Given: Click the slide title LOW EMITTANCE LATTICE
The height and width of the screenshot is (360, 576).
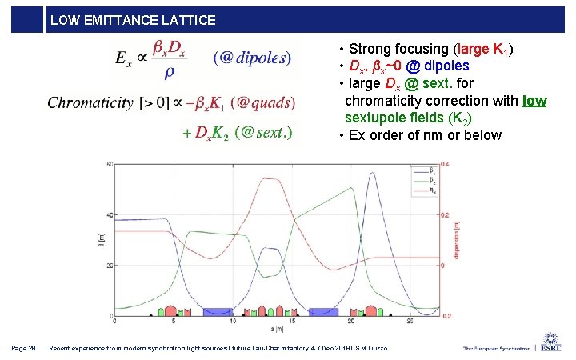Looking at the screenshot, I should (x=133, y=20).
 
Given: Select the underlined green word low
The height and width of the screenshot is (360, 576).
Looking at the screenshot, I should (x=534, y=101).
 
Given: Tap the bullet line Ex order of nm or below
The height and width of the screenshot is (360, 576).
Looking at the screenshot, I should (x=420, y=134).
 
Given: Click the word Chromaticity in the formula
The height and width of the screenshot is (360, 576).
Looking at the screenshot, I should (x=90, y=102).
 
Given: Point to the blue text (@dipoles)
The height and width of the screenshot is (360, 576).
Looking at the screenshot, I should (x=252, y=58).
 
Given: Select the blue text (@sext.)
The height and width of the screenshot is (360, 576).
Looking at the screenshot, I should (x=264, y=133).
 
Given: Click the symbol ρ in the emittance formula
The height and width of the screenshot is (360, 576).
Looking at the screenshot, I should (x=169, y=72).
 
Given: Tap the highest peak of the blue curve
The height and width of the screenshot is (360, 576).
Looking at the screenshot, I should (x=373, y=173).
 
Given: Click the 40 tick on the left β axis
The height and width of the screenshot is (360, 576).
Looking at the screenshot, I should (x=109, y=215).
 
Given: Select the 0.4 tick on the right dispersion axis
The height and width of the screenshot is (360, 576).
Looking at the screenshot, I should (x=445, y=165).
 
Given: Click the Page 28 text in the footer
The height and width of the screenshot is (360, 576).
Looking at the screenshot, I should (x=24, y=347).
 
